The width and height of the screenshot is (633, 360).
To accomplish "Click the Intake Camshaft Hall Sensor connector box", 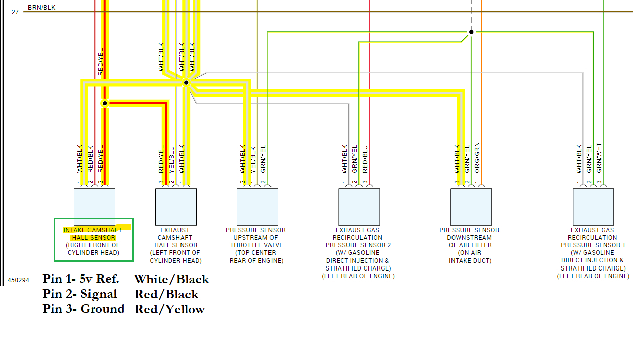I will coord(95,207).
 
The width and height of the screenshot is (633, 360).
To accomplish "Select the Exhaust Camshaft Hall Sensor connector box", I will coord(176,207).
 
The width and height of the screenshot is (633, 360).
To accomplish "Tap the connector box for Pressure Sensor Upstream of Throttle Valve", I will coord(257,207).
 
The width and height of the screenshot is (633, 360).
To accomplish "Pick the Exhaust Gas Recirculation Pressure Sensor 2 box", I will coord(359,207).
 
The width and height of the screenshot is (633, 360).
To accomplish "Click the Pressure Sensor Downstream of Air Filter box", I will coord(471,207).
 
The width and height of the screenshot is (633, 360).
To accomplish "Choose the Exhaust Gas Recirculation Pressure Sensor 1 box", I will coord(593,207).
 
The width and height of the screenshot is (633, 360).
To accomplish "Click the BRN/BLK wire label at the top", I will coord(42,8).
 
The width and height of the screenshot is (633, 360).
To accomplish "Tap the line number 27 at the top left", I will coord(15,12).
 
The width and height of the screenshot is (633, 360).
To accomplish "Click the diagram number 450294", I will coord(18,280).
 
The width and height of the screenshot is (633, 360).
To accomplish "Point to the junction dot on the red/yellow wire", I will coord(105,103).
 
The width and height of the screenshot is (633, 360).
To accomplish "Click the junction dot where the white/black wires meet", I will coord(186,82).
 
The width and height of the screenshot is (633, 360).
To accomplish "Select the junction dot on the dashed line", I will coord(471,32).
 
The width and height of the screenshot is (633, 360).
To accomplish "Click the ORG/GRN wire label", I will coord(477,157).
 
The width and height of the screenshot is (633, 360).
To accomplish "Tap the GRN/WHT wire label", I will coord(599,158).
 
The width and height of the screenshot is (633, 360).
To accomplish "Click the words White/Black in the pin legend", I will coord(171,279).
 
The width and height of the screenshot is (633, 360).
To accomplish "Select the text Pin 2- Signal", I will coord(80,294).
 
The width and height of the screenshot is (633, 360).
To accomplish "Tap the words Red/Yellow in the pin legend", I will coord(169,309).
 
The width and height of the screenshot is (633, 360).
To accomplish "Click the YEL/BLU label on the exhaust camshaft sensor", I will coord(171,159).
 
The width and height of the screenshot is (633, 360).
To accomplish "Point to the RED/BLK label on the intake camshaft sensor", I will coord(91,159).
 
